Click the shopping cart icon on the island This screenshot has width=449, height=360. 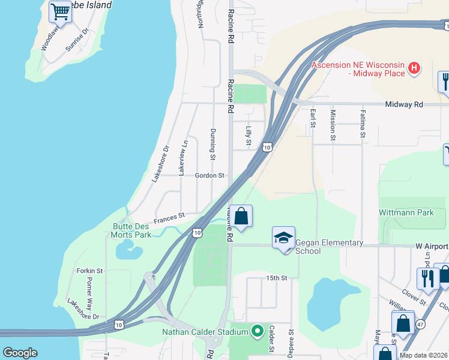(x=60, y=11)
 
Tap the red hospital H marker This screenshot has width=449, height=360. (x=414, y=68)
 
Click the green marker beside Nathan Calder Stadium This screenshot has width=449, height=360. (x=258, y=331)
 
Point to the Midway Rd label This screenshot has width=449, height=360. (x=404, y=104)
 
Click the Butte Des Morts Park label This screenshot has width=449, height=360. (x=131, y=230)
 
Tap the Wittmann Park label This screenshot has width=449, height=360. (x=406, y=213)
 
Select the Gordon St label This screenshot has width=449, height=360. (x=209, y=176)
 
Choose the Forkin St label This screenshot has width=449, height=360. (x=90, y=271)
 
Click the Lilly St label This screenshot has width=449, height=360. (x=248, y=136)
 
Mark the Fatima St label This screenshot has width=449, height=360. (x=363, y=123)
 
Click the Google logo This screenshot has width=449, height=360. (x=20, y=353)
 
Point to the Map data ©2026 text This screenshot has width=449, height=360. (x=423, y=355)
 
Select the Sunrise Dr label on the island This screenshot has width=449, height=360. (x=78, y=40)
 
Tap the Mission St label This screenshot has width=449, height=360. (x=332, y=122)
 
